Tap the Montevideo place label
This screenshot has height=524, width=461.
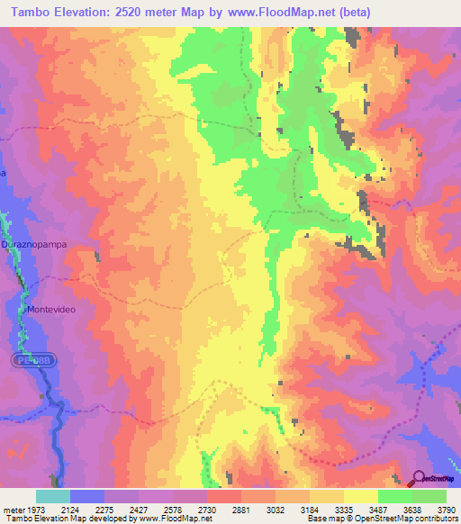[x=56, y=310]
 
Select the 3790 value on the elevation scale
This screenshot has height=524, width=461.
[x=447, y=510]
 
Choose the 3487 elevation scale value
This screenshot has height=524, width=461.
[x=379, y=510]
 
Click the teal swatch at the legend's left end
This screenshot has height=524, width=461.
[x=53, y=496]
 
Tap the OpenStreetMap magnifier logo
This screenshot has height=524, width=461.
[x=419, y=478]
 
